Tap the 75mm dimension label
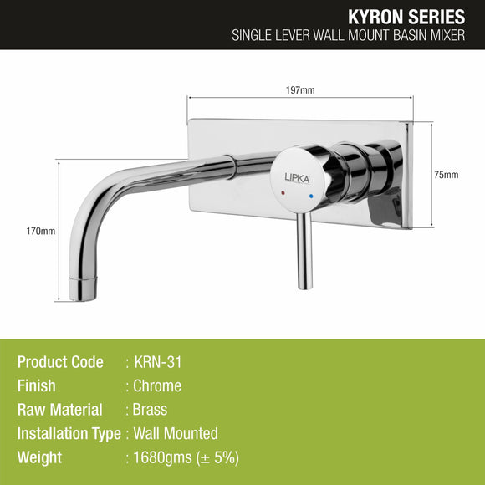pyautogui.click(x=447, y=175)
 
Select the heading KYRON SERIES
pyautogui.click(x=409, y=17)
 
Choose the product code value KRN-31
pyautogui.click(x=159, y=362)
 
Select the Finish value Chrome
pyautogui.click(x=157, y=386)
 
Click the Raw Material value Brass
pyautogui.click(x=151, y=410)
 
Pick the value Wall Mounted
pyautogui.click(x=176, y=433)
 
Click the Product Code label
pyautogui.click(x=60, y=362)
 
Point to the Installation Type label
pyautogui.click(x=69, y=433)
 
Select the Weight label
pyautogui.click(x=39, y=457)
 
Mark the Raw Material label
pyautogui.click(x=59, y=410)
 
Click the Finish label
pyautogui.click(x=36, y=386)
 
